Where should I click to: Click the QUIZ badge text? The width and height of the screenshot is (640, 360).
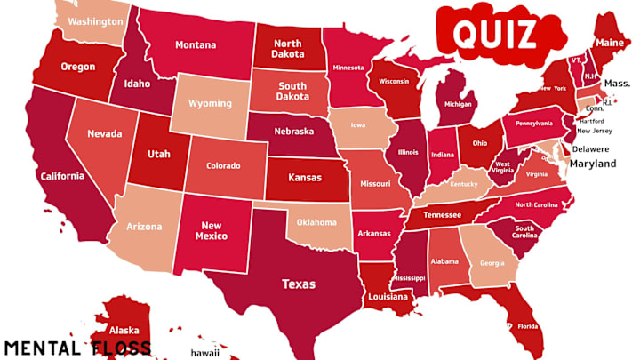click(x=494, y=34)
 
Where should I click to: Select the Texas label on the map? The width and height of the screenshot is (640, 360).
click(x=299, y=285)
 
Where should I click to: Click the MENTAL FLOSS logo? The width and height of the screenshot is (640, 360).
click(x=76, y=347)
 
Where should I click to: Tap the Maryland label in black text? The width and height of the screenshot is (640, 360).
click(x=593, y=164)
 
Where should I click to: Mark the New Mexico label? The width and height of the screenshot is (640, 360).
click(x=211, y=231)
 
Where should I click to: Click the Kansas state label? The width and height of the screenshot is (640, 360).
click(x=304, y=178)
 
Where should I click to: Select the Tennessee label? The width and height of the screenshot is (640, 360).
click(x=441, y=215)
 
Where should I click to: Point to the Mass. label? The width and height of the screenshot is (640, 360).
click(x=615, y=83)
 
